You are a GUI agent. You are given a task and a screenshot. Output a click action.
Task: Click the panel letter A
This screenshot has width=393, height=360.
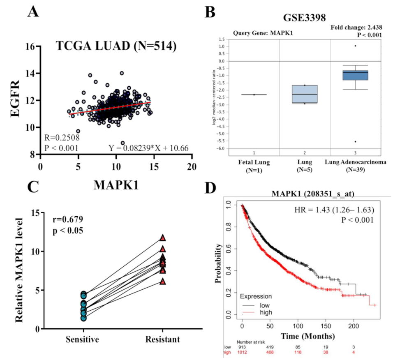(33, 12)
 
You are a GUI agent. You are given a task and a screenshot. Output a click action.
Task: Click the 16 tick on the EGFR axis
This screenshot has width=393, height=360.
(30, 46)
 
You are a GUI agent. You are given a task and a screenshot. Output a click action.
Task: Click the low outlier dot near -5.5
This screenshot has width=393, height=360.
(355, 141)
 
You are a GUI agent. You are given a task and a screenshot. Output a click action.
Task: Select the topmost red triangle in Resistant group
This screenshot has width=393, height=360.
(163, 238)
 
